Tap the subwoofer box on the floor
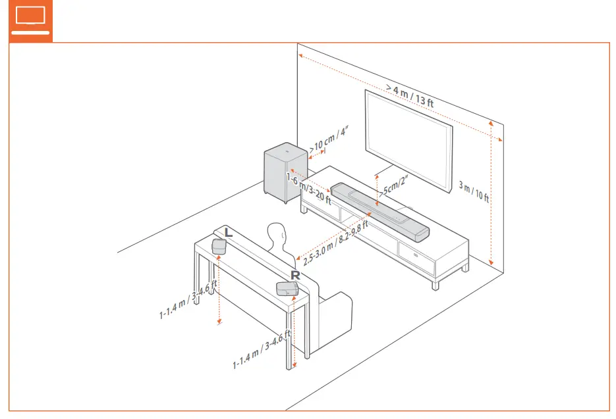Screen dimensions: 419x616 click(x=285, y=172)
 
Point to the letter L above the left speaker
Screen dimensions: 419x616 click(x=228, y=232)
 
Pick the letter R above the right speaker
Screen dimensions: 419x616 click(x=296, y=275)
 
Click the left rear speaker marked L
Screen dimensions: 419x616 click(x=219, y=246)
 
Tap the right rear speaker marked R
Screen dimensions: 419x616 click(x=288, y=288)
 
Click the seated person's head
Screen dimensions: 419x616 click(x=277, y=235)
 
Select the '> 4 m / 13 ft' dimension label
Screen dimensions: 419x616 click(x=410, y=95)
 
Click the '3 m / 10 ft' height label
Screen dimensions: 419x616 click(x=474, y=191)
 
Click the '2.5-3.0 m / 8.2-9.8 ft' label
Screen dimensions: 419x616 click(x=335, y=241)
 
